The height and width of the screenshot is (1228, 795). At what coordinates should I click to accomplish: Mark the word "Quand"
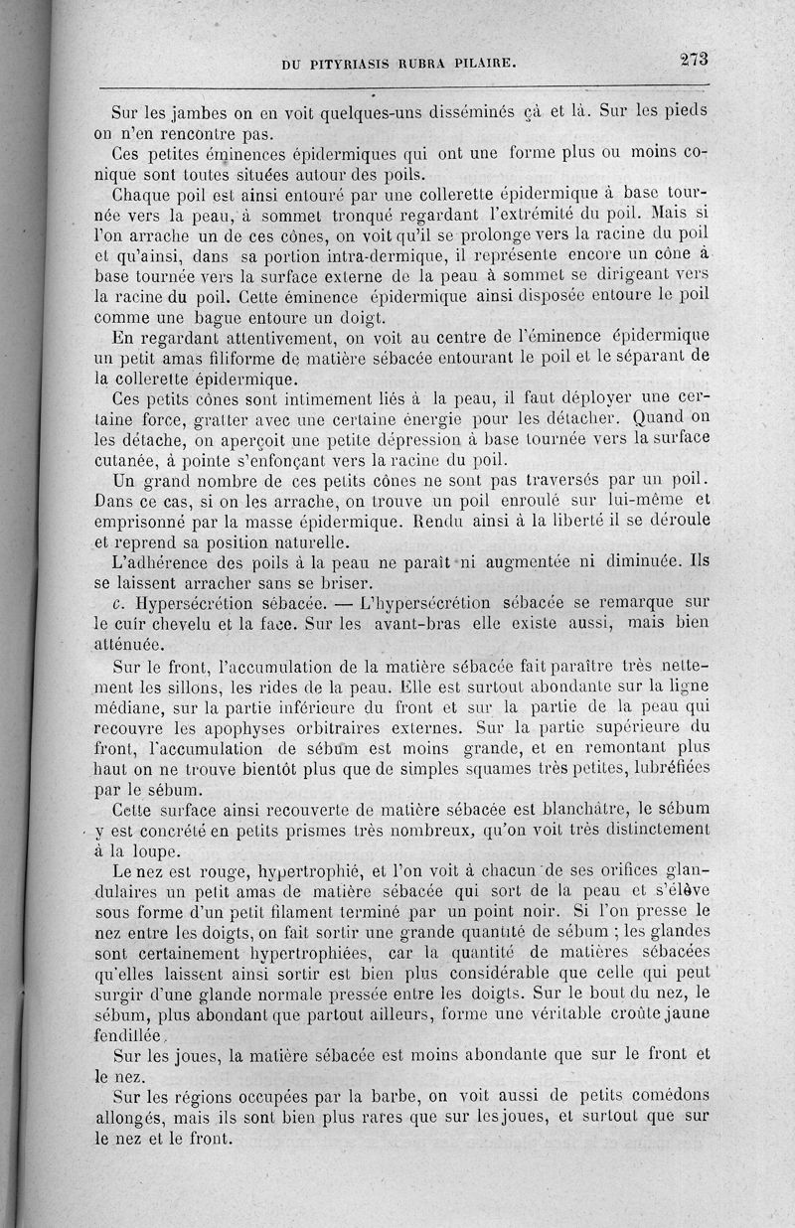tap(655, 418)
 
